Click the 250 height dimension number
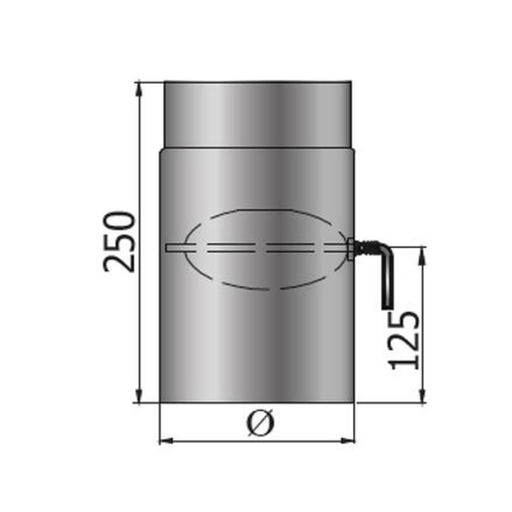coord(119,241)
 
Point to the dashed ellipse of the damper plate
coord(265,211)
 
